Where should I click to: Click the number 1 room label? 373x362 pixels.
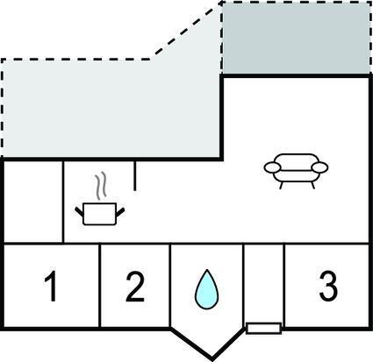[x=51, y=286]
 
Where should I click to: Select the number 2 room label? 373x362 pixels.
[x=135, y=286]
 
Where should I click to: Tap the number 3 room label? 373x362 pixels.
[x=328, y=286]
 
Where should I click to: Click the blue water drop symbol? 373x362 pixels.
[x=206, y=289]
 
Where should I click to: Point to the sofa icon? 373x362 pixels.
[x=296, y=171]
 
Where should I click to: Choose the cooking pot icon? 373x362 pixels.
[x=100, y=214]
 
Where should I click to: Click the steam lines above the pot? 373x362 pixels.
[x=100, y=187]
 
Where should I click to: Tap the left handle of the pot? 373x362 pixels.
[x=79, y=212]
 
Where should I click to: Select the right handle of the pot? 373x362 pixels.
[x=120, y=212]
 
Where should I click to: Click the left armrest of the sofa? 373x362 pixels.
[x=273, y=167]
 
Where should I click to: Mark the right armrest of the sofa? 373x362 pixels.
[x=319, y=167]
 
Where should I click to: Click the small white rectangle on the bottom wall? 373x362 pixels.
[x=263, y=329]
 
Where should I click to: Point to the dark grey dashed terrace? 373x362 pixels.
[x=296, y=38]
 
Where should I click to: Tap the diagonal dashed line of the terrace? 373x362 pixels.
[x=186, y=32]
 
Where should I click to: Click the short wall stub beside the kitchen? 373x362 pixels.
[x=134, y=176]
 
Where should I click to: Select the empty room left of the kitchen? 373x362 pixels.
[x=33, y=202]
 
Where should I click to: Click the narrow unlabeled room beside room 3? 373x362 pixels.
[x=263, y=283]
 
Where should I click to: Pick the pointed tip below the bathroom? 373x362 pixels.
[x=212, y=358]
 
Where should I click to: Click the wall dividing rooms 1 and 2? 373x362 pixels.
[x=99, y=286]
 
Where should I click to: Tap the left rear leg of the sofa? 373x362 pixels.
[x=282, y=186]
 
